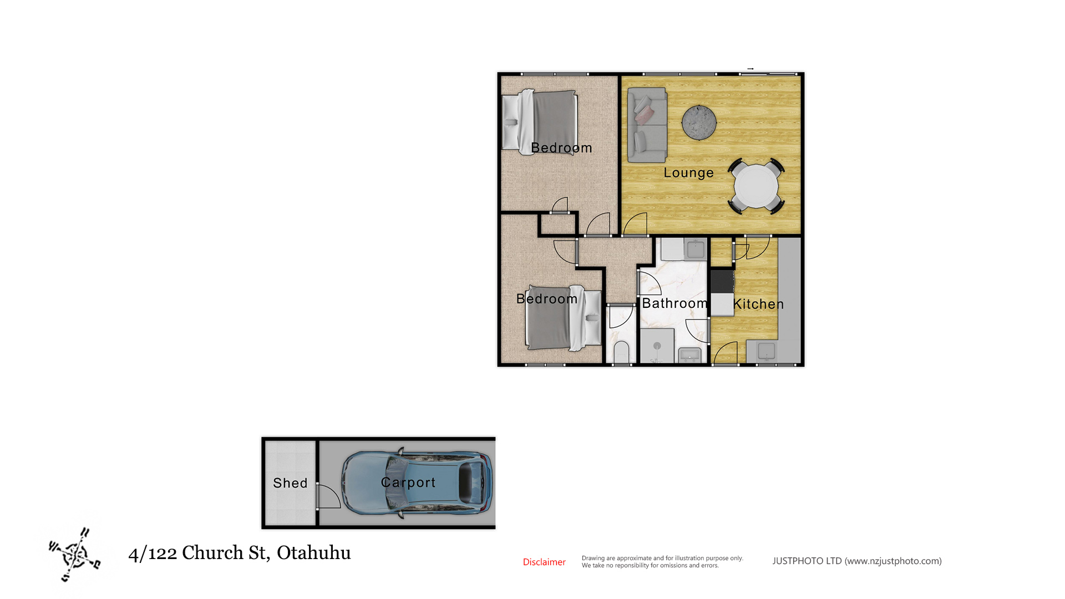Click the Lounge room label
688,172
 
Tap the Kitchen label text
758,304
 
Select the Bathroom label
674,303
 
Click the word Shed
290,483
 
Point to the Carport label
408,483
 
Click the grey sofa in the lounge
647,125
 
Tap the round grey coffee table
699,122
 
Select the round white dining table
756,186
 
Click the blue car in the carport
417,483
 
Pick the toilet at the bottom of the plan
621,353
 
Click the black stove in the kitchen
722,281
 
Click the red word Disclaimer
544,562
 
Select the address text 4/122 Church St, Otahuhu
240,553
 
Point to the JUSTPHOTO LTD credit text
857,561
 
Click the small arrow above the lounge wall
750,69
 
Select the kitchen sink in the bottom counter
767,351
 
